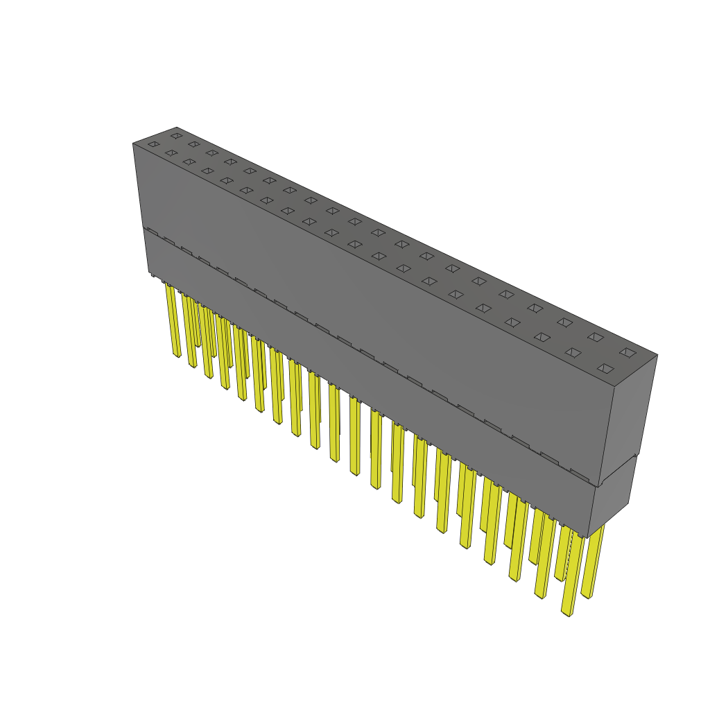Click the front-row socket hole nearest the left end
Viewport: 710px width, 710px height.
[153, 144]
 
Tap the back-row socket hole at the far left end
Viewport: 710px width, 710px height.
[176, 136]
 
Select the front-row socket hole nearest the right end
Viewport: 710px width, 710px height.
[605, 368]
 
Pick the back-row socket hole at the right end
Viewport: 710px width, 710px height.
[627, 352]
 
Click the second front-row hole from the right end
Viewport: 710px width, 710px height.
[573, 352]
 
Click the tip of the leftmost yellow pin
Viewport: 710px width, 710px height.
[176, 354]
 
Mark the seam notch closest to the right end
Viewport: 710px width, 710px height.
[580, 474]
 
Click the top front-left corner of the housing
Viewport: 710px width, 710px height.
[133, 144]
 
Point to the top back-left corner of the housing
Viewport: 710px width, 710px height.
[177, 128]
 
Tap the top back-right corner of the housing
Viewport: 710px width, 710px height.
[657, 355]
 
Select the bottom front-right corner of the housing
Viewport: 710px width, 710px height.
[587, 537]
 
